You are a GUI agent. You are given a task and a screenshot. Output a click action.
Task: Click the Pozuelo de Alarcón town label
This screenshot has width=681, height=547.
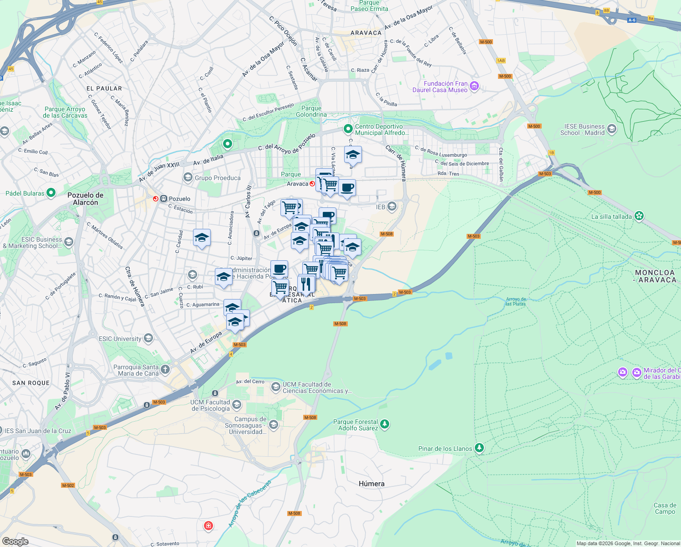click(86, 199)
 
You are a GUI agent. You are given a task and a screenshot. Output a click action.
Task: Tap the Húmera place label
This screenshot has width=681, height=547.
click(371, 484)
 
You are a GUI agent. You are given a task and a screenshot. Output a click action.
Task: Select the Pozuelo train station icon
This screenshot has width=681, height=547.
click(156, 199)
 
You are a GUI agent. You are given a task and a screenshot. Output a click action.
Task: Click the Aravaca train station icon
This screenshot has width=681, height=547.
click(312, 184)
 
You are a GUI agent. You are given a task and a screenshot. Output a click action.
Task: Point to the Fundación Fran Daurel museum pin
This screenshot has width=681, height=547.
click(474, 86)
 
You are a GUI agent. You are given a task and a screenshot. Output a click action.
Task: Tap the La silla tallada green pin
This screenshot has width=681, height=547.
click(639, 216)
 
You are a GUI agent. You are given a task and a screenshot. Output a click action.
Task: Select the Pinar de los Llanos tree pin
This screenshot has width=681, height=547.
click(479, 448)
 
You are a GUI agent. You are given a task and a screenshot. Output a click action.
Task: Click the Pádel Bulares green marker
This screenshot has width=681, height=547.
click(51, 193)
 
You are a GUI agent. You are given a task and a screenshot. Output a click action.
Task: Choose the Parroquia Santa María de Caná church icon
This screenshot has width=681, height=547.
click(165, 369)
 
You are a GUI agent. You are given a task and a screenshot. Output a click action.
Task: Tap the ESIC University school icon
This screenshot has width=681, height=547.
click(148, 338)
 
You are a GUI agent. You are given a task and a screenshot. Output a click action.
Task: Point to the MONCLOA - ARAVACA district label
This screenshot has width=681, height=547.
click(655, 276)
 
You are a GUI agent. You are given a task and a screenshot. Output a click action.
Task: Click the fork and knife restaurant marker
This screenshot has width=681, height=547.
click(306, 284)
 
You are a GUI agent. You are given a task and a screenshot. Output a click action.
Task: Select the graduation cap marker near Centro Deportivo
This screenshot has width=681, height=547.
click(353, 155)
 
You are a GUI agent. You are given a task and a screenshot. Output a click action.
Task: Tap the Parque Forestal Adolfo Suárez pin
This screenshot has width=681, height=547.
click(385, 424)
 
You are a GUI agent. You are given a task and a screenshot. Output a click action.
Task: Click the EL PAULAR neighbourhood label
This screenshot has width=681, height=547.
click(104, 88)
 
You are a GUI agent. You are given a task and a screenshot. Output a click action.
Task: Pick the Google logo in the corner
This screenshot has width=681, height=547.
click(15, 541)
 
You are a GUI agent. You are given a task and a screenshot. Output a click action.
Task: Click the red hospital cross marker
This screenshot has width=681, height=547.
click(208, 526)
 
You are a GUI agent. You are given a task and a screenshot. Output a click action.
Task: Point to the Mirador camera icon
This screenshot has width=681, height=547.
click(622, 373)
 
